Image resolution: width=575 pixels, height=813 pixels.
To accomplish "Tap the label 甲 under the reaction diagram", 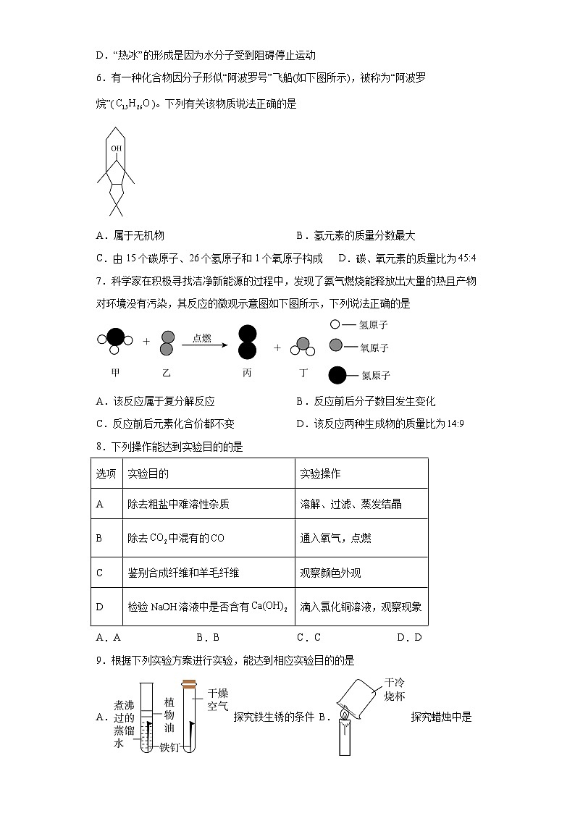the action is (x=114, y=372).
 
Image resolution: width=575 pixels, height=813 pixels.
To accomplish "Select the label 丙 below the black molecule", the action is (x=247, y=373).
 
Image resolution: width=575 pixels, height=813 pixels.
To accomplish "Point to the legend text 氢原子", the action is (x=374, y=326).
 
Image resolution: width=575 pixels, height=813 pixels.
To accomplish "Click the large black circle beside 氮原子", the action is (x=337, y=375).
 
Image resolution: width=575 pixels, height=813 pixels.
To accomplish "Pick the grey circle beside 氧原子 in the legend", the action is (x=336, y=346).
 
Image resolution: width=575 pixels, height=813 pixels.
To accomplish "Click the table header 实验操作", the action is (x=320, y=473).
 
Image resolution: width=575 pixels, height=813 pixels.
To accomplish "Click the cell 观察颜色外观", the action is (x=330, y=573).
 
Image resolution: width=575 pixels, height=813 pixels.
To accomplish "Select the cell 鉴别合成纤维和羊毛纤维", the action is (x=182, y=573).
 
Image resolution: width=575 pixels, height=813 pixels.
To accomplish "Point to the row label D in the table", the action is (x=100, y=607).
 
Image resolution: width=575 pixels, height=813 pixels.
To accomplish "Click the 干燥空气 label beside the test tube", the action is (x=218, y=699).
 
